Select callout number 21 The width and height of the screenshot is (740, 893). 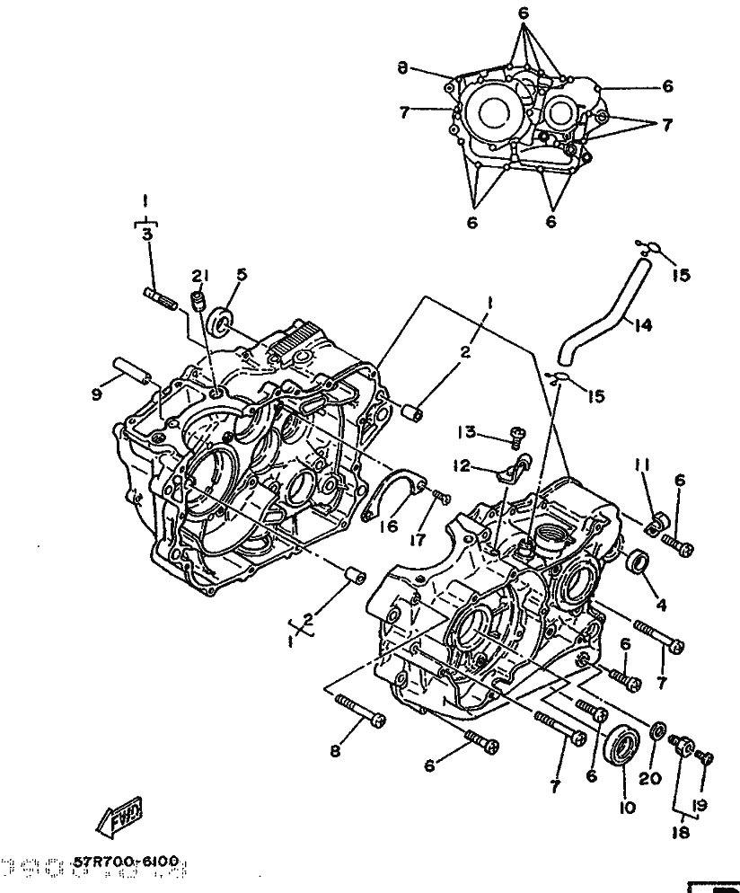tap(198, 275)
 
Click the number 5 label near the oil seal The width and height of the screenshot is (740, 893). tap(241, 275)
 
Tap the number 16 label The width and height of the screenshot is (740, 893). tap(387, 526)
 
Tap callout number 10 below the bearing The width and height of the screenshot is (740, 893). tap(626, 807)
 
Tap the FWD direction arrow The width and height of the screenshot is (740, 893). tap(118, 818)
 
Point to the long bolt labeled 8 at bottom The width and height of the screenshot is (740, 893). tap(359, 713)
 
